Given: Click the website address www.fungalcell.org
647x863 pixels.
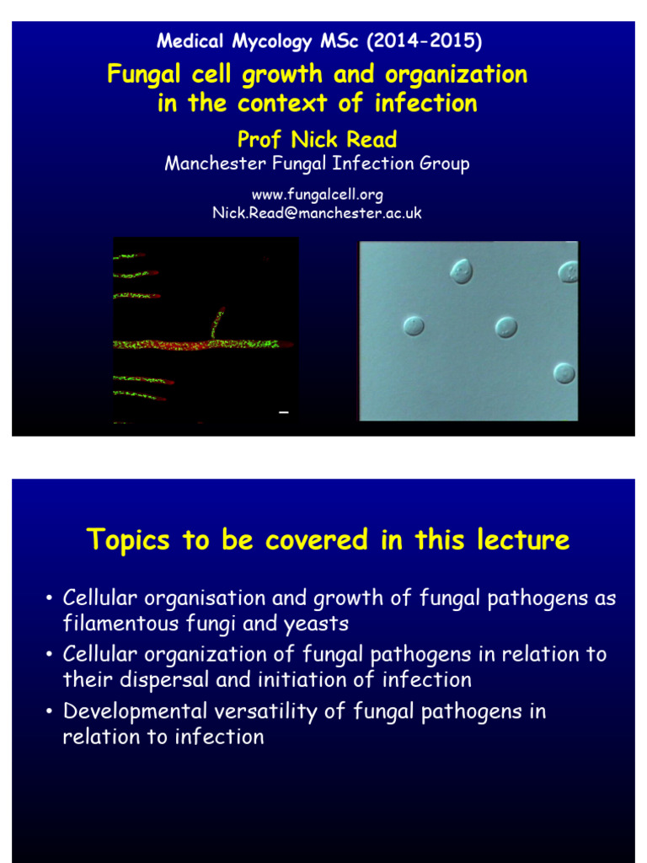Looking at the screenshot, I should [x=317, y=196].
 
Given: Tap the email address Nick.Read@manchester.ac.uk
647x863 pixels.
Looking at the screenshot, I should [x=317, y=213].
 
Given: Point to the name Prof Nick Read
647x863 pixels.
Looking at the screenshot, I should [x=317, y=139].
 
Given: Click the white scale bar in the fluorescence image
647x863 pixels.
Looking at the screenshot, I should [x=284, y=412].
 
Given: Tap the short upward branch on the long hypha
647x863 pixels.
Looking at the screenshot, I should [x=217, y=324].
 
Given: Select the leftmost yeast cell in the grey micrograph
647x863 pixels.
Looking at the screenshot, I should [x=413, y=325].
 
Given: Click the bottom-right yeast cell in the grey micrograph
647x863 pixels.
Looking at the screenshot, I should [x=564, y=373].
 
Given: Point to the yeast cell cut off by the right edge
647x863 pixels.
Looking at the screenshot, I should [x=569, y=271].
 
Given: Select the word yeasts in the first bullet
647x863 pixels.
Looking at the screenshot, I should [x=319, y=624].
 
